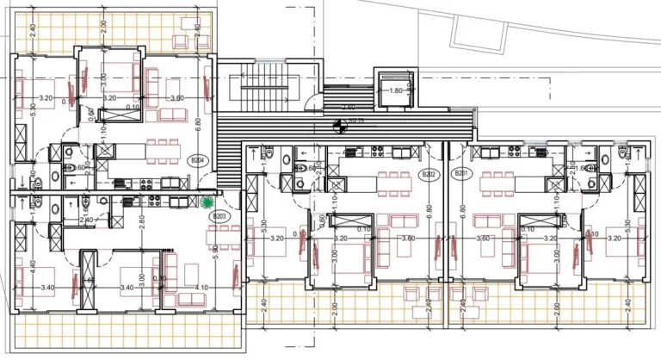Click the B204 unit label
pos(198,161)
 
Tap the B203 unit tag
pos(219,216)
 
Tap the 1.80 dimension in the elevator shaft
pos(396,90)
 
